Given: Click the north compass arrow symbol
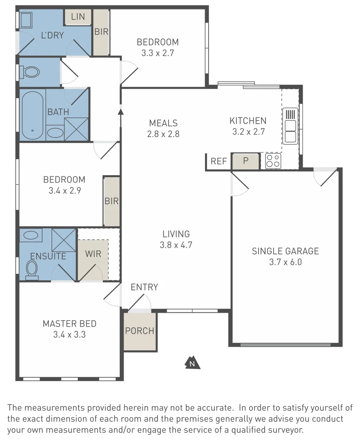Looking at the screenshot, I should [x=192, y=363].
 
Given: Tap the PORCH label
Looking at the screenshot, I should [x=140, y=331].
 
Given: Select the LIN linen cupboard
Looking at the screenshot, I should [x=78, y=17].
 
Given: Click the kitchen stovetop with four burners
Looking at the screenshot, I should [x=273, y=161].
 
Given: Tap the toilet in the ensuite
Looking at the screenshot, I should [x=32, y=270].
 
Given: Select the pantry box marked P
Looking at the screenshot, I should [x=245, y=161].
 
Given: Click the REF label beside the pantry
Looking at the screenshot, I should [x=219, y=161].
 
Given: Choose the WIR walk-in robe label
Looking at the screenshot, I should [x=93, y=253].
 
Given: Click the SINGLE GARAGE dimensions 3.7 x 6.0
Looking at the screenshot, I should [x=285, y=262].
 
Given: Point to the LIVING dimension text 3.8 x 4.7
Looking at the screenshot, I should [x=176, y=245].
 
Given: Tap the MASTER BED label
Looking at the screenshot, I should [x=70, y=324].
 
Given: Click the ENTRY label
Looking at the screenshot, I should [x=144, y=287].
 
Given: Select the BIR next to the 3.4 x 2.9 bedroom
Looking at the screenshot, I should [x=111, y=201].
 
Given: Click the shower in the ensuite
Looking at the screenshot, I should [x=64, y=239].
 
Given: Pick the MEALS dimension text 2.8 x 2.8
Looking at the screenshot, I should [x=163, y=134].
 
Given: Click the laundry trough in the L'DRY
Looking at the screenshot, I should [x=27, y=19].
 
